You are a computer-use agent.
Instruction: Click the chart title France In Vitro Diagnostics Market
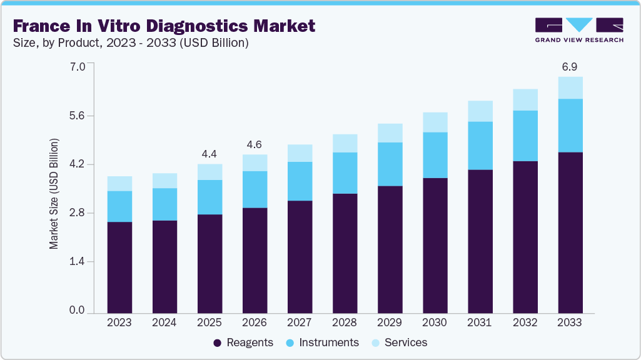(x=164, y=26)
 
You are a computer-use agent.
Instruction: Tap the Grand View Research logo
(x=578, y=30)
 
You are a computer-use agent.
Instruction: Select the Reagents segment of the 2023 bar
(x=119, y=267)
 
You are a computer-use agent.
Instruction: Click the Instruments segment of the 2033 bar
(x=570, y=125)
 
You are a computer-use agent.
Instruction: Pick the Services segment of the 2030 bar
(x=435, y=122)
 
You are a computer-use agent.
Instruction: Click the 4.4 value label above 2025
(x=209, y=153)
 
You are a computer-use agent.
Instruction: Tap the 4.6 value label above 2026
(x=255, y=144)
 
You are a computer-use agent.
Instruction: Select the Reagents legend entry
(x=243, y=342)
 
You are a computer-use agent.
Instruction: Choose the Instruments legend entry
(x=322, y=342)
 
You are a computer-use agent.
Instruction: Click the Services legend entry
(x=399, y=342)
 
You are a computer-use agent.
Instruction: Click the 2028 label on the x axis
(x=345, y=322)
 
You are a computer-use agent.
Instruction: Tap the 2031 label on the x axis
(x=480, y=322)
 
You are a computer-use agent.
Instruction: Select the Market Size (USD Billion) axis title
(x=54, y=194)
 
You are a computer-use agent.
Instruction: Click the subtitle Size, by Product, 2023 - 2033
(x=131, y=43)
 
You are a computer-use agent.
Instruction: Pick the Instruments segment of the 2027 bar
(x=300, y=181)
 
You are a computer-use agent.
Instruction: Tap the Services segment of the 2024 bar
(x=164, y=181)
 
